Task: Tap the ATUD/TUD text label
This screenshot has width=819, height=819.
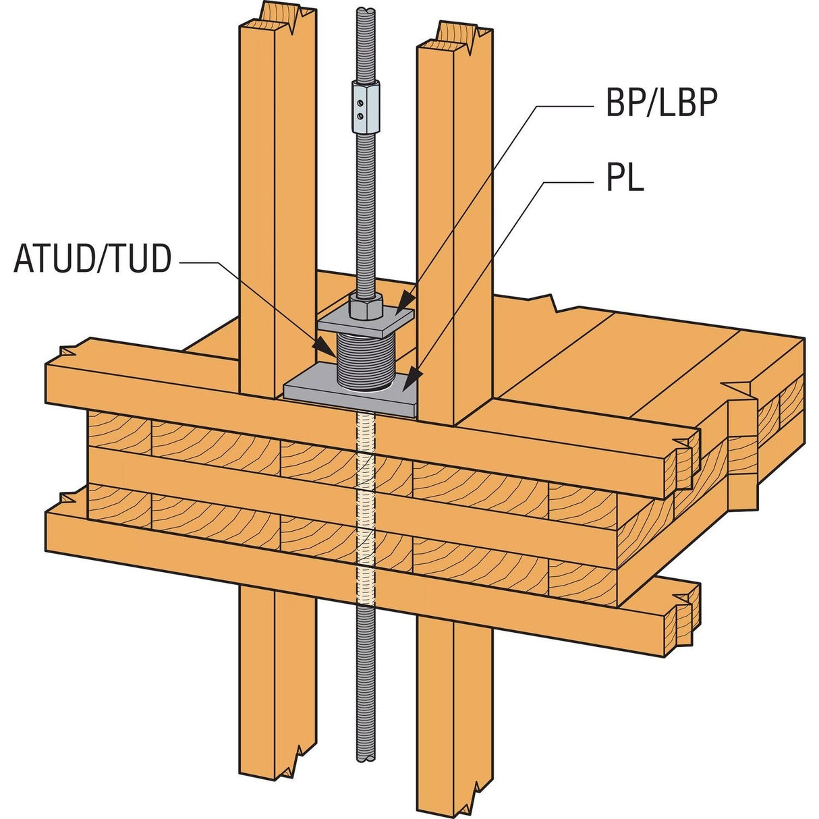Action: [92, 260]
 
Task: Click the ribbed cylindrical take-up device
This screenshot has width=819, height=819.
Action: [367, 364]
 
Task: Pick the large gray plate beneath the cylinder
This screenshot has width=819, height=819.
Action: [317, 391]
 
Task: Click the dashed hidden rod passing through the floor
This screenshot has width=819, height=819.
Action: [365, 513]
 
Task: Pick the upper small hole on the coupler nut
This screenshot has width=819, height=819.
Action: [362, 103]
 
